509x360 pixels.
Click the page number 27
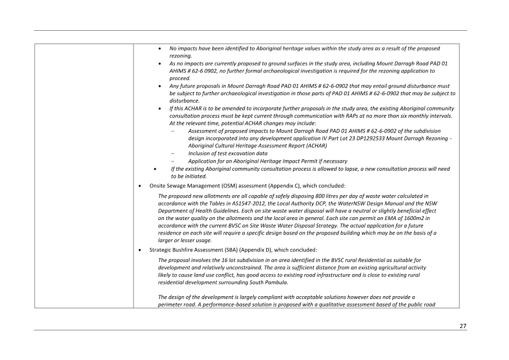[x=463, y=326]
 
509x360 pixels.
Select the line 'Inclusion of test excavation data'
[x=228, y=153]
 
